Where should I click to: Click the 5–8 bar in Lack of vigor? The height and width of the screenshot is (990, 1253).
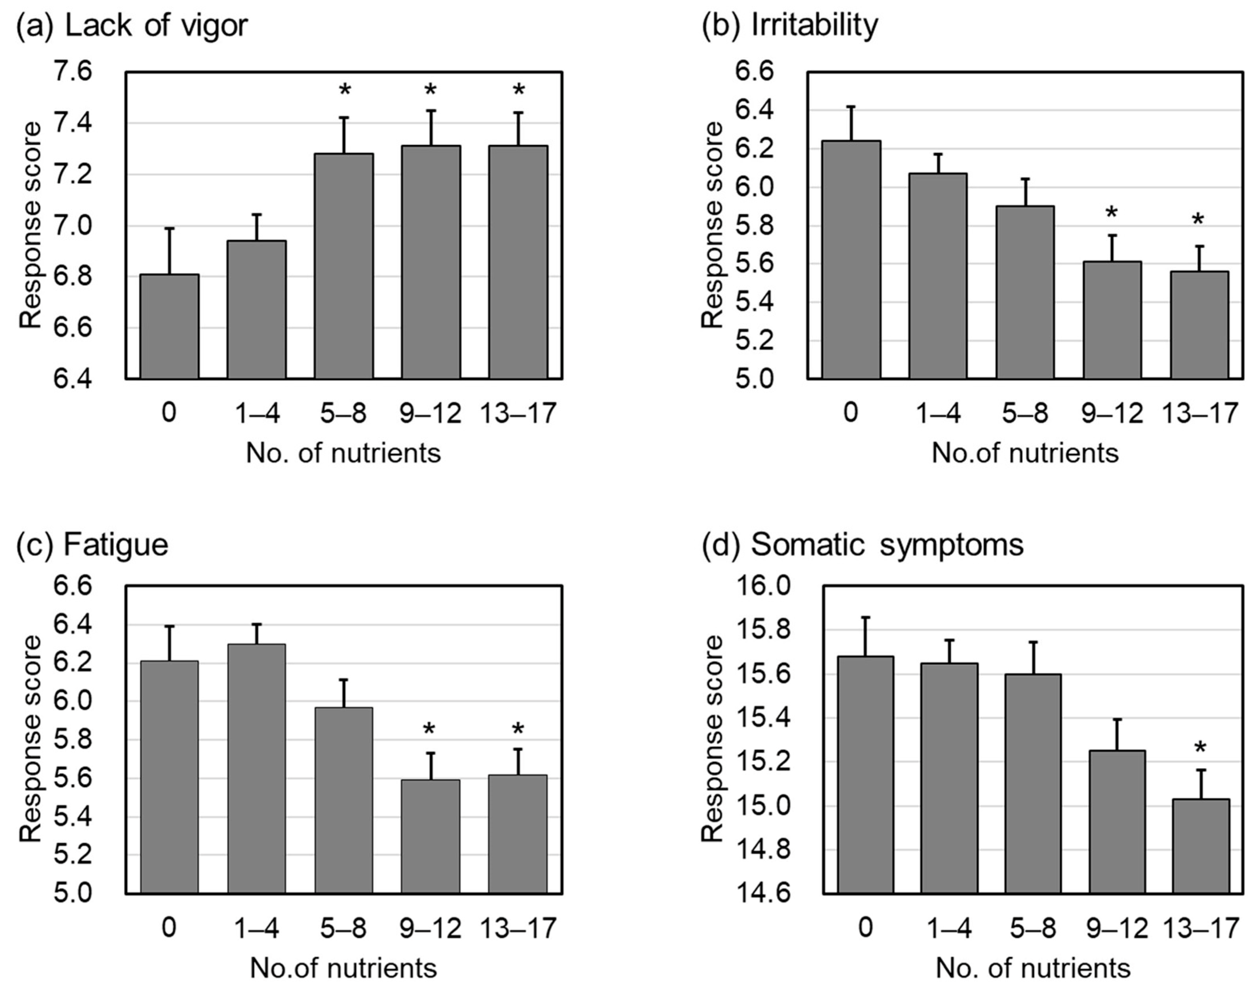344,267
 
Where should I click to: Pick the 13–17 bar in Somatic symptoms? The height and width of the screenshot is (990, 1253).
1201,846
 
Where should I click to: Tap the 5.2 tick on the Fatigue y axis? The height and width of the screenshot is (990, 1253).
72,855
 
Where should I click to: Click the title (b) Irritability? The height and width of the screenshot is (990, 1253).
790,25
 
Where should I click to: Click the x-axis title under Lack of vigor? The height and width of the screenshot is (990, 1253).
343,453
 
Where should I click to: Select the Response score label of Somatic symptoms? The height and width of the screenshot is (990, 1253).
713,739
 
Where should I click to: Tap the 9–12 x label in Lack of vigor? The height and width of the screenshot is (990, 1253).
430,413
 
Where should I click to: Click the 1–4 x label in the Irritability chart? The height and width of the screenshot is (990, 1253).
938,413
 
